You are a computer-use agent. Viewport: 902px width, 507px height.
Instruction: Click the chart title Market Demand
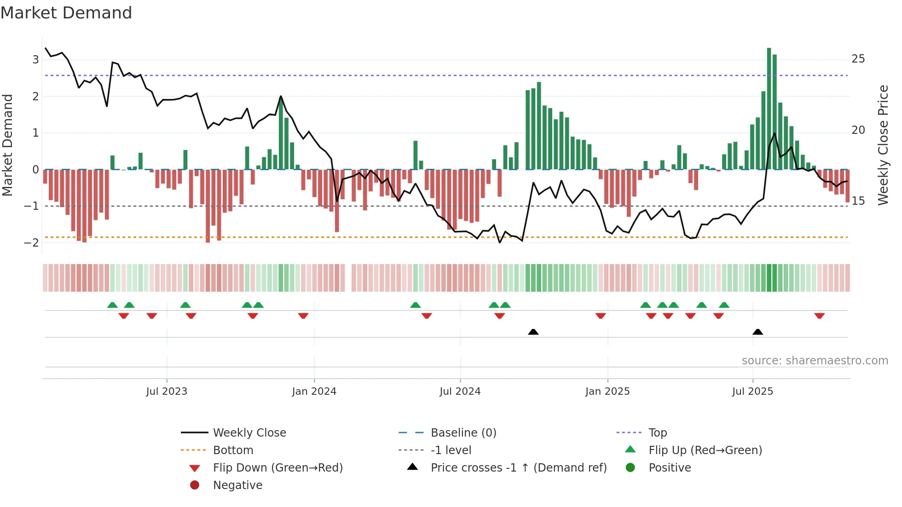point(66,13)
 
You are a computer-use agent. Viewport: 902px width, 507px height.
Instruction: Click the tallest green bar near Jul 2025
point(769,109)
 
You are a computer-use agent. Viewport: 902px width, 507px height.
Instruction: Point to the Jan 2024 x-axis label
point(314,392)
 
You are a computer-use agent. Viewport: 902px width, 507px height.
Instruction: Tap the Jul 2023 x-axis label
point(167,392)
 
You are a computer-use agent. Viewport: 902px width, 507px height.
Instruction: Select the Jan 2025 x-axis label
point(607,392)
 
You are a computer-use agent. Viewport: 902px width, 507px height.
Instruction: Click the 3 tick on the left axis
point(35,59)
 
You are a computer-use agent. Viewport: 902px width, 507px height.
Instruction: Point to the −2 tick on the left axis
point(32,243)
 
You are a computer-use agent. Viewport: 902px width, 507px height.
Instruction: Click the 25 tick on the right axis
point(858,59)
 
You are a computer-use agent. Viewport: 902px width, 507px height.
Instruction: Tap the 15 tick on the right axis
point(858,201)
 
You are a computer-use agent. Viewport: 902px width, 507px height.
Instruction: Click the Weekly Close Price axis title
point(883,145)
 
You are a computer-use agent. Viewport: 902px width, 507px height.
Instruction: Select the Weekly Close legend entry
point(249,433)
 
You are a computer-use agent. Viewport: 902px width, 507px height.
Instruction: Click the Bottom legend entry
point(233,450)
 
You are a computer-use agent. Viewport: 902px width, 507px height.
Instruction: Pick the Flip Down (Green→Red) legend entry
point(278,468)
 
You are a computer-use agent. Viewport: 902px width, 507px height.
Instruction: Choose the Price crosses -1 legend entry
point(518,468)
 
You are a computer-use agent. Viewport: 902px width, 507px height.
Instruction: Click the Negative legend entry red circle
point(195,485)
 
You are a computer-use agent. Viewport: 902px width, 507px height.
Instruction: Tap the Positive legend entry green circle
point(630,468)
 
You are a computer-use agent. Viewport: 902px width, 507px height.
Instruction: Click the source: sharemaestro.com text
point(815,361)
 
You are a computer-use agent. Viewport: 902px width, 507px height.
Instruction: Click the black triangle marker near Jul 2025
point(757,332)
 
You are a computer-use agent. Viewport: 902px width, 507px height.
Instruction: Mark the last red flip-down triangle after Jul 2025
point(819,316)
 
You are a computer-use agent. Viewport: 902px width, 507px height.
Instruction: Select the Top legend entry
point(658,433)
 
